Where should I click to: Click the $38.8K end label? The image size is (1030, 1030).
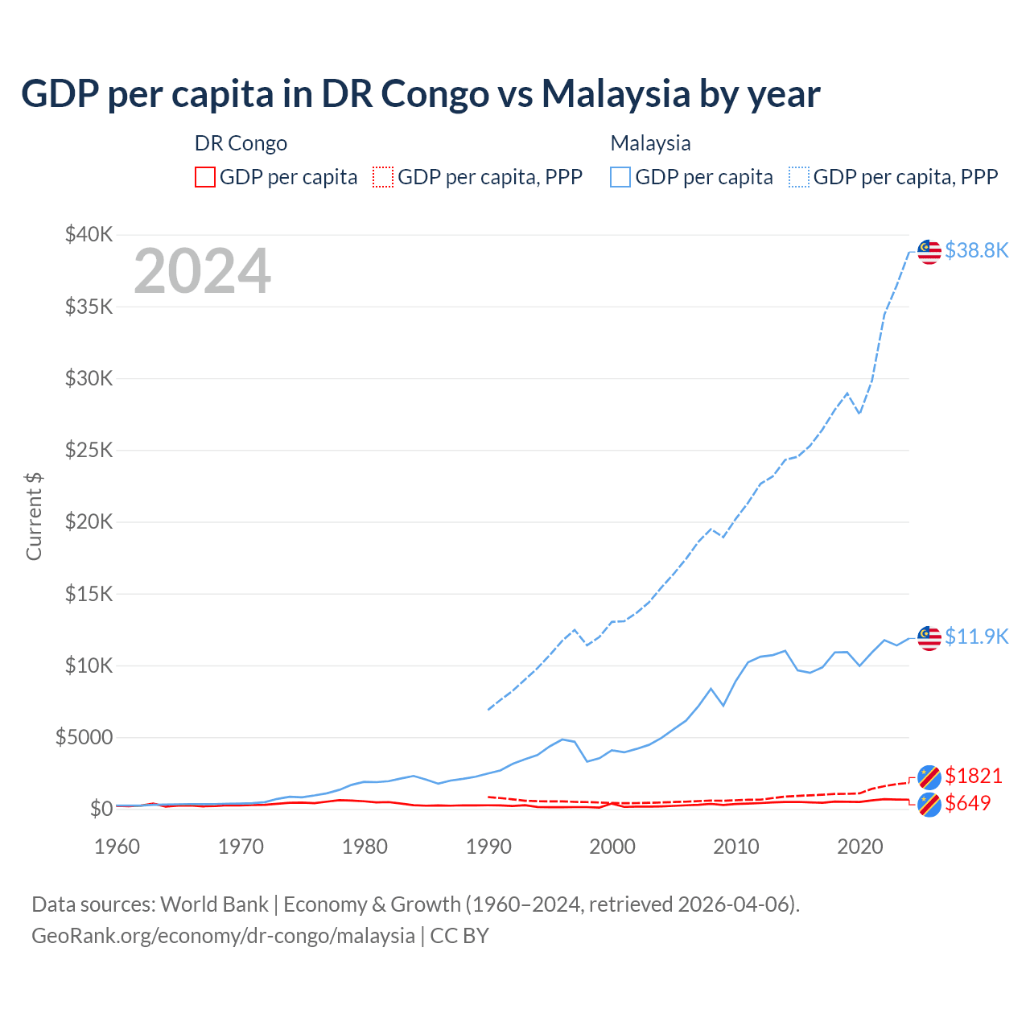(976, 250)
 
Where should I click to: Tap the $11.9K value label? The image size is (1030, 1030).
(976, 637)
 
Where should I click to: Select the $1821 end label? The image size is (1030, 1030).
(973, 776)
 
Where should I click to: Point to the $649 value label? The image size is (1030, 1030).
(968, 803)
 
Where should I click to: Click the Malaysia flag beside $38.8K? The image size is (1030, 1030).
(929, 251)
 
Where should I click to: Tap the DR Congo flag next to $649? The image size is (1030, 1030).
(929, 804)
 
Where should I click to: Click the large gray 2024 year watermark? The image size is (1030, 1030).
(202, 271)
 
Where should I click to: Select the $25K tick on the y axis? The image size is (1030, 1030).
(89, 450)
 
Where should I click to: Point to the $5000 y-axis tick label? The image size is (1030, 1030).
(84, 737)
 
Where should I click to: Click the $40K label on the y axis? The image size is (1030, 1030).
(89, 234)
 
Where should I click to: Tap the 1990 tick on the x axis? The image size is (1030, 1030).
(488, 847)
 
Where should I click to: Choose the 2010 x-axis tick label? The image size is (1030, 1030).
(736, 847)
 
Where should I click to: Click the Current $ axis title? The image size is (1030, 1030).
(34, 517)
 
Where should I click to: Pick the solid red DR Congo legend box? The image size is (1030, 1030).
(205, 177)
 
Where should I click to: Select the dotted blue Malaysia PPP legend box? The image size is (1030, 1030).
(799, 177)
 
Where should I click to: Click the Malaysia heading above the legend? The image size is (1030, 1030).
(650, 143)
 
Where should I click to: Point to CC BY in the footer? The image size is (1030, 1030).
(459, 936)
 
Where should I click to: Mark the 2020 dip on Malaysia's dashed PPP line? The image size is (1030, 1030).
(859, 413)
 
